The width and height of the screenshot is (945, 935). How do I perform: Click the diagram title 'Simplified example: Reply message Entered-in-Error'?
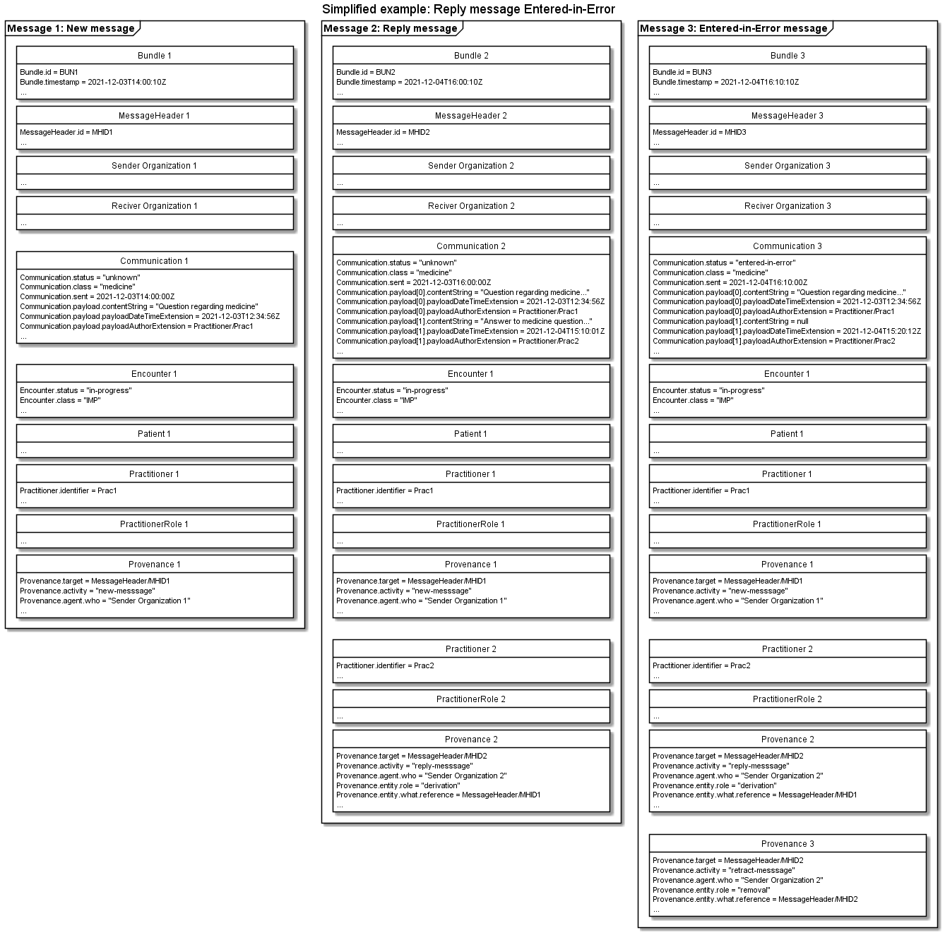click(x=468, y=9)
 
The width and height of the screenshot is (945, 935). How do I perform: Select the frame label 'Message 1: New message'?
click(x=71, y=29)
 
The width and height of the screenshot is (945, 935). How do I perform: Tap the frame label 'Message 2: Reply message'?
click(x=390, y=29)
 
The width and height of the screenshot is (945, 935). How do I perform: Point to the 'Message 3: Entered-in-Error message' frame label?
click(x=732, y=29)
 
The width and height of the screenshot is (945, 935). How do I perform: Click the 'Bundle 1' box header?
click(x=154, y=56)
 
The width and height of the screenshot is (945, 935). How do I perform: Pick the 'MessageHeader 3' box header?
click(x=787, y=116)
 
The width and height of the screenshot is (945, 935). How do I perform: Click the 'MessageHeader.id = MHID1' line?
click(x=66, y=132)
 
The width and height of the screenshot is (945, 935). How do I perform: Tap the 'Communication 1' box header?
click(x=154, y=261)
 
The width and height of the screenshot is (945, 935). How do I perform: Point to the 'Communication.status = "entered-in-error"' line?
click(x=724, y=263)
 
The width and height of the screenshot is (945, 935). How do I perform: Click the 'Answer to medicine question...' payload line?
click(x=464, y=321)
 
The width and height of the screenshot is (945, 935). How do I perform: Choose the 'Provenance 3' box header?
click(x=787, y=844)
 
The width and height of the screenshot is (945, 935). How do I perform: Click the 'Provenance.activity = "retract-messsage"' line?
click(x=723, y=870)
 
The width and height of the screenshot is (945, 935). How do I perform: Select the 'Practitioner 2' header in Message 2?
click(x=470, y=649)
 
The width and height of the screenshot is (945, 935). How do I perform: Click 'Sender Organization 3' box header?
click(x=787, y=166)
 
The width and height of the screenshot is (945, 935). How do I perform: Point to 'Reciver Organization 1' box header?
click(x=154, y=206)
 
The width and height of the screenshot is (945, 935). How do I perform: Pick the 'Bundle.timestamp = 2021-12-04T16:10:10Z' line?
click(x=725, y=82)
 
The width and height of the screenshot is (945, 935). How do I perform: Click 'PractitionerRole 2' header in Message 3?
click(x=787, y=699)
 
